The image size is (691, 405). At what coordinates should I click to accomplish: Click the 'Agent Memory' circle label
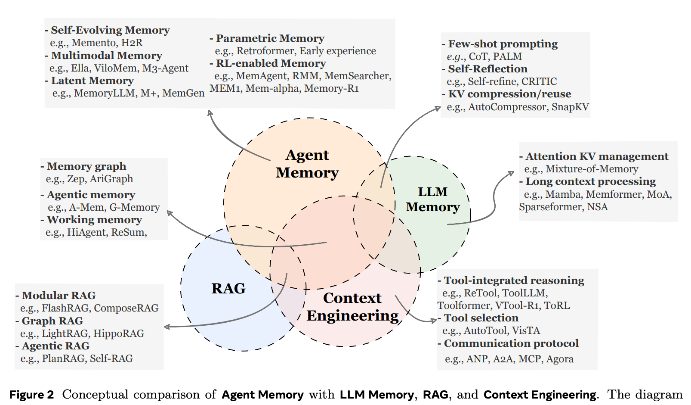point(307,164)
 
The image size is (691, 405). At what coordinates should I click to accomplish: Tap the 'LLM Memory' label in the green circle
point(433,199)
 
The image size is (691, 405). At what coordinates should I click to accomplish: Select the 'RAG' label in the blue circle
point(228,288)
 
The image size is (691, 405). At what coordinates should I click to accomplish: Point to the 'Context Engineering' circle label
point(352,307)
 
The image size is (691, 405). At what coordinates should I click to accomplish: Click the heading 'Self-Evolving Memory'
point(110,30)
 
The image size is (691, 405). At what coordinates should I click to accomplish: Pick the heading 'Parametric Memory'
point(270,38)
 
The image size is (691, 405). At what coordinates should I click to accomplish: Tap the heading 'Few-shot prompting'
point(503,44)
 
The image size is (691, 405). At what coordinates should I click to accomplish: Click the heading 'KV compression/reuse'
point(509,94)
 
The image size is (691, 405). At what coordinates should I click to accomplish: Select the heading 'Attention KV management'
point(597,156)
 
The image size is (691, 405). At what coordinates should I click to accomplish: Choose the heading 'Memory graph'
point(86,166)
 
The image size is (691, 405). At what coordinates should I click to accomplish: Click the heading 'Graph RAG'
point(52,321)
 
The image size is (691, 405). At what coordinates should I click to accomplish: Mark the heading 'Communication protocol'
point(511,343)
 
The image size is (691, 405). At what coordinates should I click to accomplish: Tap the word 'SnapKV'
point(570,107)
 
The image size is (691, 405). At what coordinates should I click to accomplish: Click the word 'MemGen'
point(183,93)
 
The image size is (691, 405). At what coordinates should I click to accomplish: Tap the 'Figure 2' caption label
point(31,395)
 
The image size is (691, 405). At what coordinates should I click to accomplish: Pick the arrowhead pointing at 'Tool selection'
point(434,321)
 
